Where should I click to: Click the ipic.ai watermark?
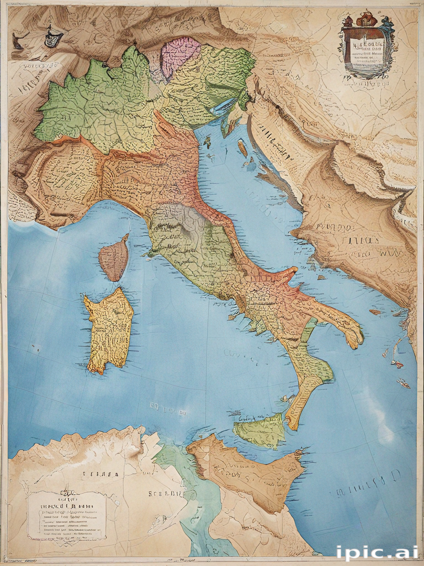point(377,552)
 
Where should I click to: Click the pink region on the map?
point(179,56)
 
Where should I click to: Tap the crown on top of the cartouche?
point(366,19)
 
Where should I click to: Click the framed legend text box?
point(67,515)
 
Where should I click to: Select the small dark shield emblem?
point(53,38)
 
